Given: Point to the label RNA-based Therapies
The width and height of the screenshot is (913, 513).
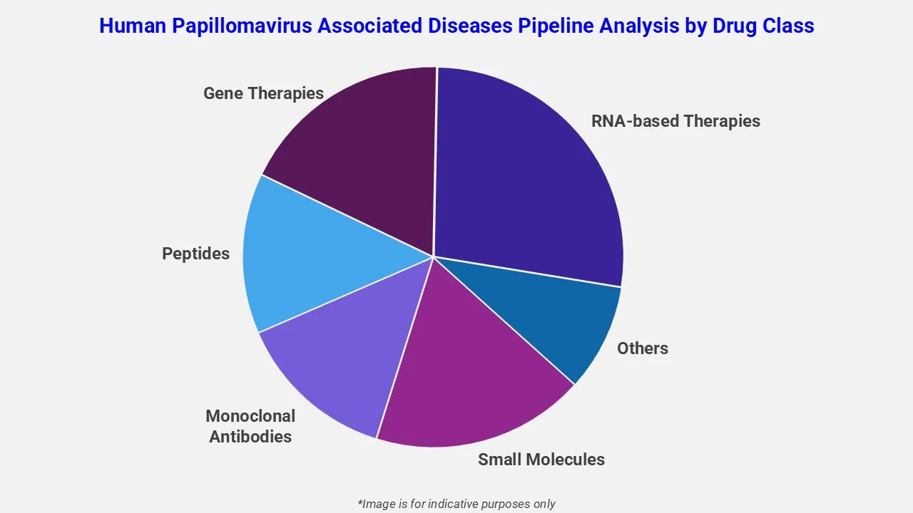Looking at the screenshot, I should coord(675,121).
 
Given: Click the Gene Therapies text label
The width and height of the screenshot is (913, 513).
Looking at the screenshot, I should coord(263,93).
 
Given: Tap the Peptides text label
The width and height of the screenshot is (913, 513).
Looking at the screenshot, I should coord(195,254).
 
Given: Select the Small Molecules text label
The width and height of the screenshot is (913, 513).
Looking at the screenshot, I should coord(541,460).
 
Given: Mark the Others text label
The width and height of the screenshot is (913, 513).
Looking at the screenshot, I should coord(642,348).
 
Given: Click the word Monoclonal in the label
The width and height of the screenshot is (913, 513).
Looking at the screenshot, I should coord(250,416).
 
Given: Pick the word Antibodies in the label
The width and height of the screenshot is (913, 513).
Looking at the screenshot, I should coord(250,437).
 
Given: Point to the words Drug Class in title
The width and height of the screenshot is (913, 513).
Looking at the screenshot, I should coord(763,26).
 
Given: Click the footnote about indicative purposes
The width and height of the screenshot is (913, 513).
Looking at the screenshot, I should coord(456,504).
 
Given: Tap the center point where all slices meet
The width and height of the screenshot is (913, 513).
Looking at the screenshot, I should coord(433,256).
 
